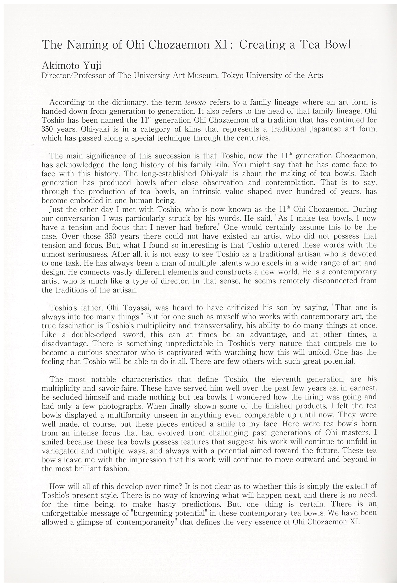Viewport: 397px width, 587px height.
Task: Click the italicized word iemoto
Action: pyautogui.click(x=195, y=103)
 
